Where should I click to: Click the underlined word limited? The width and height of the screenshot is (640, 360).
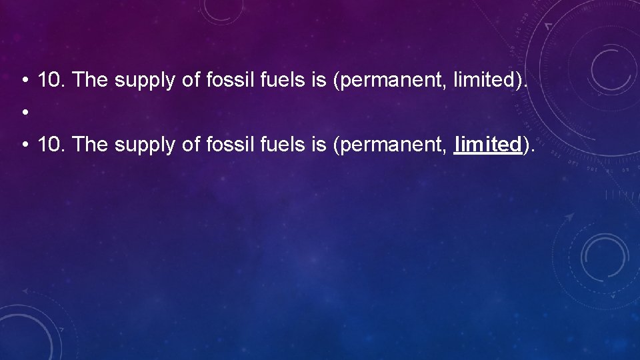tap(487, 144)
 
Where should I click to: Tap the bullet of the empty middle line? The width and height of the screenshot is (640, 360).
tap(24, 113)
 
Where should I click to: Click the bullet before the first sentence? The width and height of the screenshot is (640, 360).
tap(24, 81)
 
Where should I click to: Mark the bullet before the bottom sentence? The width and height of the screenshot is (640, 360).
tap(24, 145)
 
